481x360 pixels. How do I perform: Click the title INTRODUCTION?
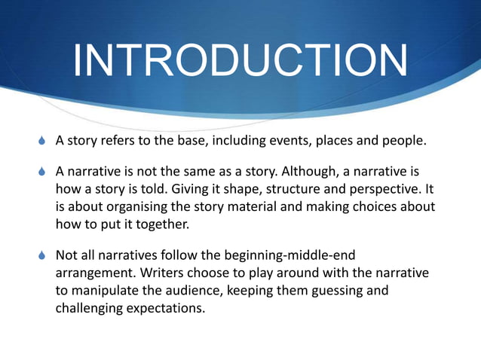(x=240, y=62)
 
